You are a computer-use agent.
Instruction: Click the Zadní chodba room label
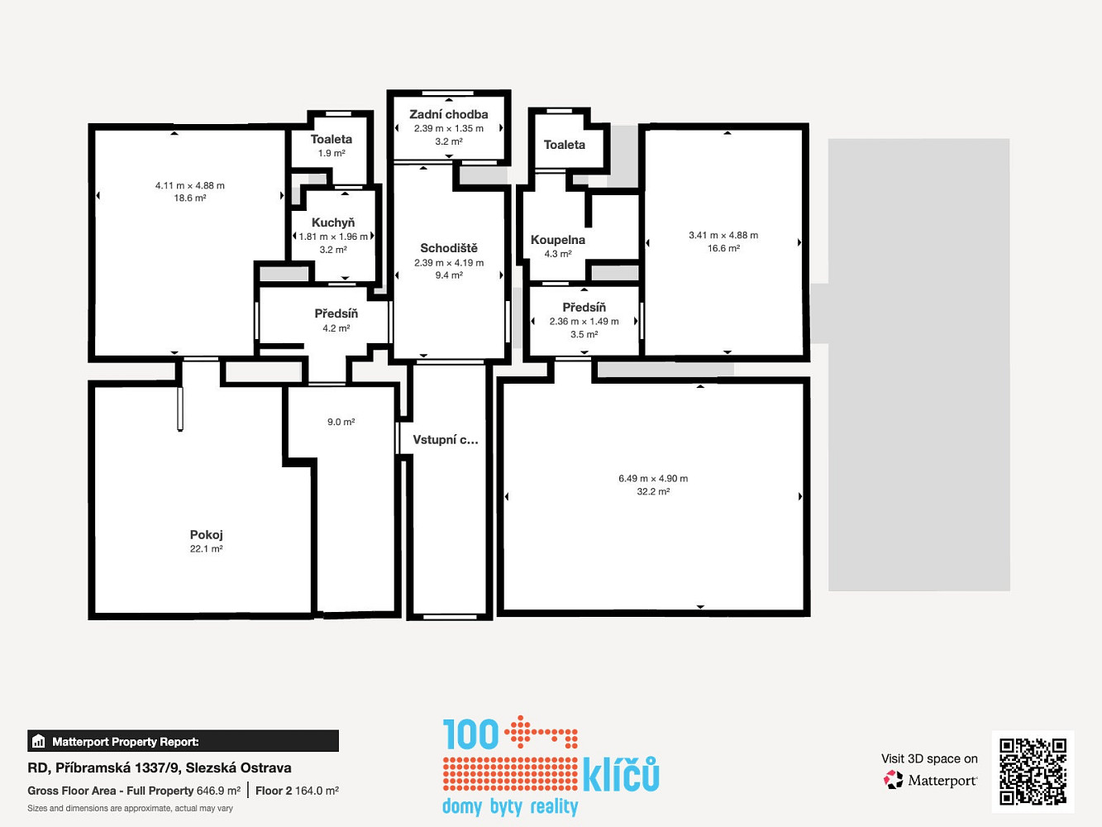tap(448, 114)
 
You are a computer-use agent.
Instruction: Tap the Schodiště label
tap(449, 248)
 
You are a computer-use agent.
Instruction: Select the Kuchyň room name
tap(333, 222)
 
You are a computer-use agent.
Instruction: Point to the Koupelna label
tap(558, 240)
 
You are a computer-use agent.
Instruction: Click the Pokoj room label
tap(206, 535)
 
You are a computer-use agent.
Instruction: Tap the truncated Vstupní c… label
tap(446, 440)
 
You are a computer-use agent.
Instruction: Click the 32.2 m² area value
tap(653, 491)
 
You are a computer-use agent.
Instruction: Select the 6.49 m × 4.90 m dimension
tap(653, 479)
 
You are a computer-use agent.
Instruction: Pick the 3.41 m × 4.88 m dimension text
tap(723, 235)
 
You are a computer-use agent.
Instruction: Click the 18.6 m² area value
tap(190, 198)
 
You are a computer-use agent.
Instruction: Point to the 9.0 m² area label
tap(341, 422)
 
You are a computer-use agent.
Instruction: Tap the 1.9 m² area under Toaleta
tap(332, 153)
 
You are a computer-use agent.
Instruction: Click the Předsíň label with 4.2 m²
tap(336, 313)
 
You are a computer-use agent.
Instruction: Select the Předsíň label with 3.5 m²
tap(584, 308)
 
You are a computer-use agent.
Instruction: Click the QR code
tap(1033, 772)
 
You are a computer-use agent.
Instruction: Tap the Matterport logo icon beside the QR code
tap(893, 780)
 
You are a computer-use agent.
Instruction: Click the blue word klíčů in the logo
tap(621, 774)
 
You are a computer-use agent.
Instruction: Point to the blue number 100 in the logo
tap(470, 734)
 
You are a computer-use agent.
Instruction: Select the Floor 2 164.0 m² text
tap(297, 791)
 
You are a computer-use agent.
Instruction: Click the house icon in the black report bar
tap(39, 741)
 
